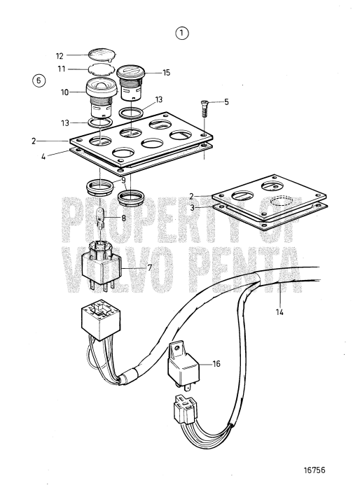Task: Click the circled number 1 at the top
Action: click(183, 33)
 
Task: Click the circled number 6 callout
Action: click(39, 80)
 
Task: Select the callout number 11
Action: click(60, 70)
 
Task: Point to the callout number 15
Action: click(166, 72)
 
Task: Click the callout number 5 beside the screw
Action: click(226, 102)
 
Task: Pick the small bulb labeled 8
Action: click(101, 214)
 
